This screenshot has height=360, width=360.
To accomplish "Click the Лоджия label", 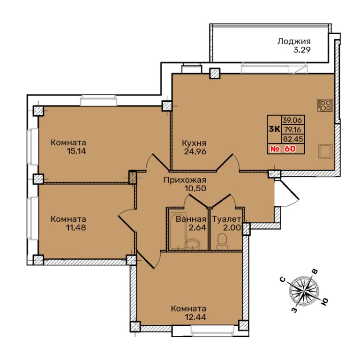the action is pos(294,41).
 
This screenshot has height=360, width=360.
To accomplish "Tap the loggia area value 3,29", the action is pos(302,50).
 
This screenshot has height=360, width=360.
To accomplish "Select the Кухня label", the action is pos(194,143).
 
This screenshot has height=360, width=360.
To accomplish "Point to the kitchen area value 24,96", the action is pos(195,151).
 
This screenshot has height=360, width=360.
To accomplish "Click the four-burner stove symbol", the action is pos(325,105).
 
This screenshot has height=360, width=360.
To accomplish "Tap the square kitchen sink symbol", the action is pos(326,151).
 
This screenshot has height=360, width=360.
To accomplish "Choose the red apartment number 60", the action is pos(290,149).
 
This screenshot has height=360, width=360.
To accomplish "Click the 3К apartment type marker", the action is pos(274,129).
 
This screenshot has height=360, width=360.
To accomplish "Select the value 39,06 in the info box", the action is pos(293,120).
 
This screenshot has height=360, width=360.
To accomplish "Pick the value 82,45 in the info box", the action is pos(293,139).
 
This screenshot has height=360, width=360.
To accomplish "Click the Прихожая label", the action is pos(185,180).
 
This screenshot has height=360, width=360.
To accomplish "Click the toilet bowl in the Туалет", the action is pos(222,241).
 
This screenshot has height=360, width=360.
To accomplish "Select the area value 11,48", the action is pos(75,227).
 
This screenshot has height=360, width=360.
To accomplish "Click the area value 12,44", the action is pos(195,317).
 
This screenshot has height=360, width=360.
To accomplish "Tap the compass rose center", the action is pos(304,292).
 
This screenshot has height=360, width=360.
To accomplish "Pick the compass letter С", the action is pos(283,279).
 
